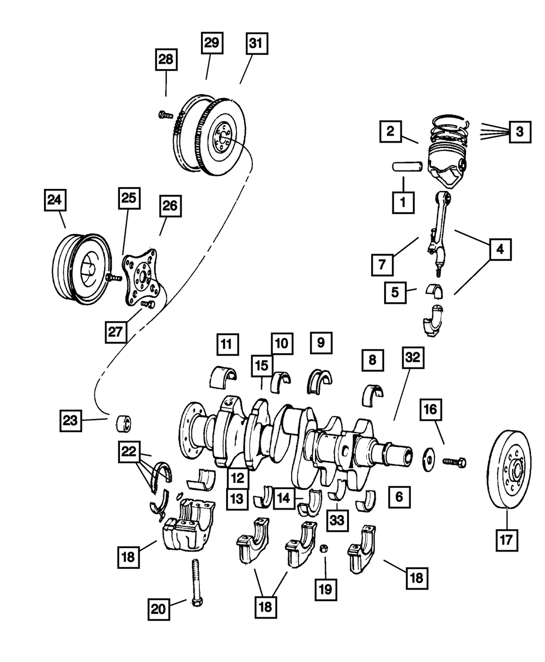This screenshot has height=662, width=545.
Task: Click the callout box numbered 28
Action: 166,59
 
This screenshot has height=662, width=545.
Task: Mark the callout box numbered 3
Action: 520,131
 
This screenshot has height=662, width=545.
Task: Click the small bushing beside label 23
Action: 124,422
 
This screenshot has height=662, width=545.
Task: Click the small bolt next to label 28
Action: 163,114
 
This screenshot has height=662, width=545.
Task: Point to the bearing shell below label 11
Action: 224,376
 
